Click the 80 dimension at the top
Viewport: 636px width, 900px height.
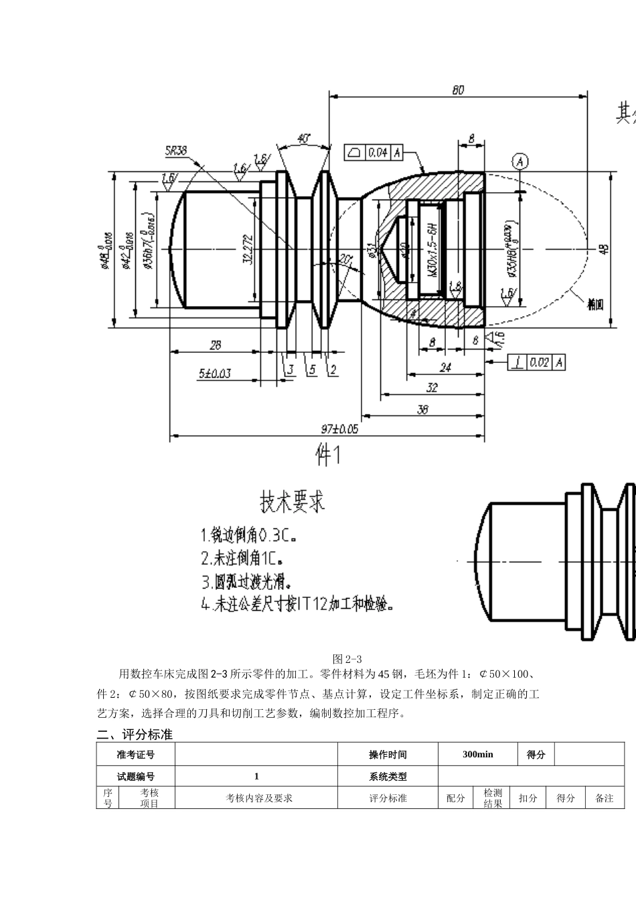pyautogui.click(x=458, y=90)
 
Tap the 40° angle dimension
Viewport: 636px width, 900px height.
pyautogui.click(x=303, y=139)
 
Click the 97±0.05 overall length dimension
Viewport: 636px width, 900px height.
pyautogui.click(x=339, y=429)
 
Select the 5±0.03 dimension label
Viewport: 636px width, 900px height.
pyautogui.click(x=214, y=373)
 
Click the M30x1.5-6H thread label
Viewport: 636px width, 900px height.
pyautogui.click(x=433, y=250)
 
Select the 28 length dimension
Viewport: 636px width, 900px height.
pyautogui.click(x=215, y=346)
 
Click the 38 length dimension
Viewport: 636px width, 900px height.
pyautogui.click(x=422, y=409)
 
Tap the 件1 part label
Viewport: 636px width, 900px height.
pyautogui.click(x=328, y=456)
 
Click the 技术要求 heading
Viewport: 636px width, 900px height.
pyautogui.click(x=292, y=500)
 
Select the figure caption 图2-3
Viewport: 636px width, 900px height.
pyautogui.click(x=347, y=659)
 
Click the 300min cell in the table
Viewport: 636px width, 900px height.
pyautogui.click(x=478, y=754)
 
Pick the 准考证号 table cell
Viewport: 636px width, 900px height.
pyautogui.click(x=135, y=754)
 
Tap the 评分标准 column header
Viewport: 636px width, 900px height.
pyautogui.click(x=388, y=798)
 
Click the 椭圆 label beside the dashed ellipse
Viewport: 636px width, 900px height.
pyautogui.click(x=595, y=305)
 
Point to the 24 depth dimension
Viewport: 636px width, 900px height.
pyautogui.click(x=445, y=368)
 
